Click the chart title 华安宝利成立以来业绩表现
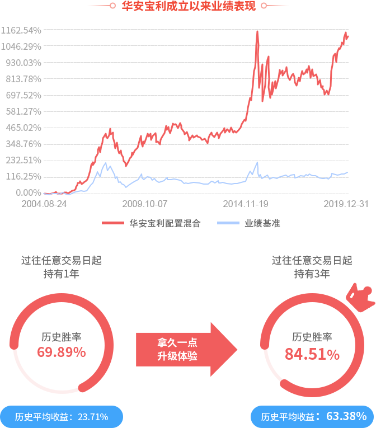(x=188, y=6)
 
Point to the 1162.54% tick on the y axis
(x=21, y=30)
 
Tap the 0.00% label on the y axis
(x=27, y=192)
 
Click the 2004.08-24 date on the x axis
(x=44, y=204)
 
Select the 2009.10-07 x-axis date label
(x=144, y=204)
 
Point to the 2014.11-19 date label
(x=245, y=204)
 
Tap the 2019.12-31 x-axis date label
(x=346, y=204)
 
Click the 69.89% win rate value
(x=62, y=352)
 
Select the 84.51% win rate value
(x=312, y=354)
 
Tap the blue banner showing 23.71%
(x=62, y=417)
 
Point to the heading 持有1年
(x=62, y=274)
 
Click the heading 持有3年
(x=312, y=274)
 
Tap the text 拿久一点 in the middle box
(x=177, y=343)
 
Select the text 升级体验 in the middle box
(x=177, y=356)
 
